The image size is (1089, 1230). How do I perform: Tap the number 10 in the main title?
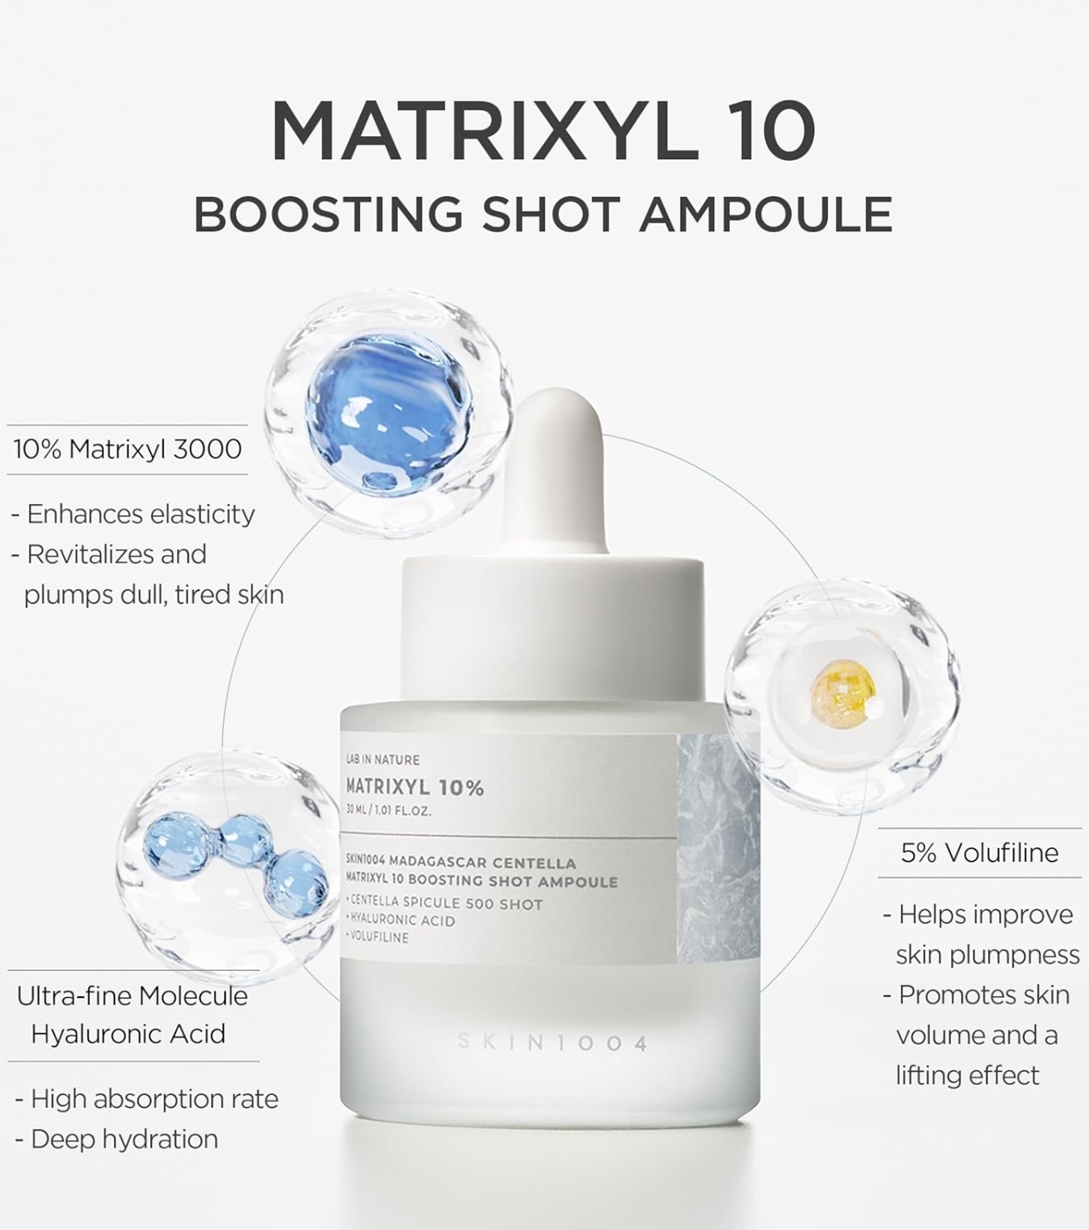pos(768,131)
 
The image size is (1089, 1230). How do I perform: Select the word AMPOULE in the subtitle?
pos(766,213)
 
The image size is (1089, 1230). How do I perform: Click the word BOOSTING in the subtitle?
pos(328,213)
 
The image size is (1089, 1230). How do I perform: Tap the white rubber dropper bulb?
pos(553,474)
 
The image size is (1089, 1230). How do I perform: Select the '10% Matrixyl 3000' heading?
pos(127,450)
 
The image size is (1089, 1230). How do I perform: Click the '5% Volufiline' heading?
pos(979,852)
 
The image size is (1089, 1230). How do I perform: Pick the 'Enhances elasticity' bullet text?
pos(133,514)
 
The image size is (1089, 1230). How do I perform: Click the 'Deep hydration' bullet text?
pos(116,1140)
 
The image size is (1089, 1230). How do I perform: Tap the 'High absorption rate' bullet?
pos(147,1099)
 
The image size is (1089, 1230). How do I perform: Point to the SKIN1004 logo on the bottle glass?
pos(552,1042)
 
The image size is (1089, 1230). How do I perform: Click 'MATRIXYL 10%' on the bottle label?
pos(415,787)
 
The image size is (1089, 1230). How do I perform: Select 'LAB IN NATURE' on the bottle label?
pos(382,759)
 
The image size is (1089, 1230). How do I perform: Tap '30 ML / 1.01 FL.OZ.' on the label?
pos(388,811)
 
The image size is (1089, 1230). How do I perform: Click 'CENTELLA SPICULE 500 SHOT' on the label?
pos(445,904)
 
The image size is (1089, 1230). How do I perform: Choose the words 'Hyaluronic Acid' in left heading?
pos(128,1034)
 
